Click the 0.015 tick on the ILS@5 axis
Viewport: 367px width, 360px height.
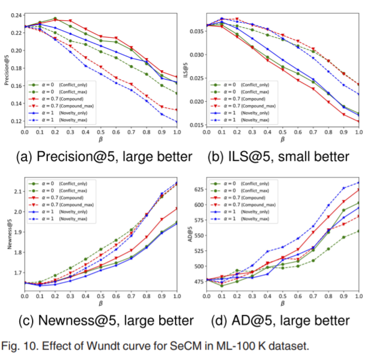point(198,125)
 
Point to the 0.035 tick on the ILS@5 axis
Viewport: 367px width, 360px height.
point(198,32)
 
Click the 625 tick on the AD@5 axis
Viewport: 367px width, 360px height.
point(198,189)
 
